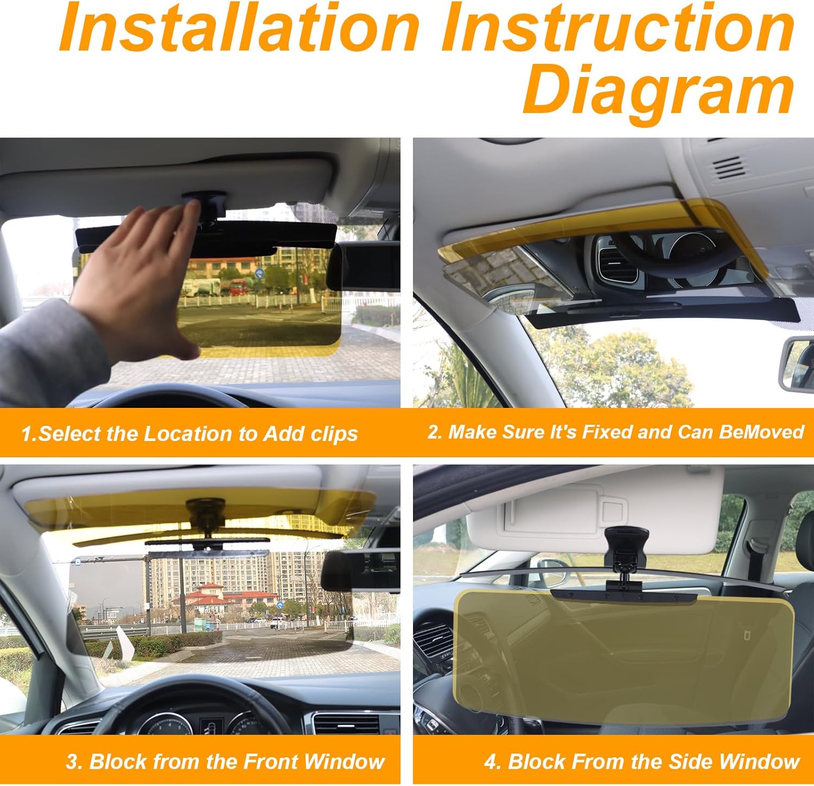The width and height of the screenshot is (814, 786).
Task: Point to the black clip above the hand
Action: click(x=205, y=203)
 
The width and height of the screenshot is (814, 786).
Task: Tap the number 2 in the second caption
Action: click(x=433, y=432)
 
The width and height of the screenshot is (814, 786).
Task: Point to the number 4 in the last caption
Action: click(x=491, y=762)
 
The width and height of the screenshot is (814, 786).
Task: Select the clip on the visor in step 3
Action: click(x=205, y=513)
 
